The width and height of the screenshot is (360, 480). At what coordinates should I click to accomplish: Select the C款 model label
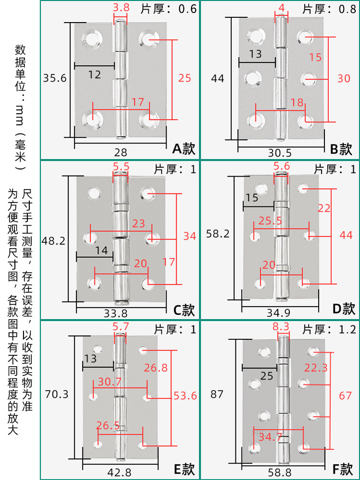[x=184, y=310]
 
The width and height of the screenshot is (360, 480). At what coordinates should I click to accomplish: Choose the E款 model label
[x=184, y=469]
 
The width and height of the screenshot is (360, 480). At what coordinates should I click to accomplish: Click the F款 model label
[x=342, y=469]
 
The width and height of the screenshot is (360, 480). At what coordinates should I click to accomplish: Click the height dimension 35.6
[x=54, y=78]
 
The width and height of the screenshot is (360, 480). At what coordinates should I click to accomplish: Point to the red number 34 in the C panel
[x=190, y=236]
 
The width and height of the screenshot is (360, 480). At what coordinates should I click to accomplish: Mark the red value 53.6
[x=185, y=396]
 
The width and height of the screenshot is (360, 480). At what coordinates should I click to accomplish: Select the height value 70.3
[x=56, y=395]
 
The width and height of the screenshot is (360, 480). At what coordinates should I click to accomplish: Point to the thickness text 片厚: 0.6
[x=168, y=8]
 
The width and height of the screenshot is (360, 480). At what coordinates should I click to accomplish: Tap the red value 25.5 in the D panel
[x=270, y=221]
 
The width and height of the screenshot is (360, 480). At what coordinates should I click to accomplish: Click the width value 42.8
[x=120, y=472]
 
